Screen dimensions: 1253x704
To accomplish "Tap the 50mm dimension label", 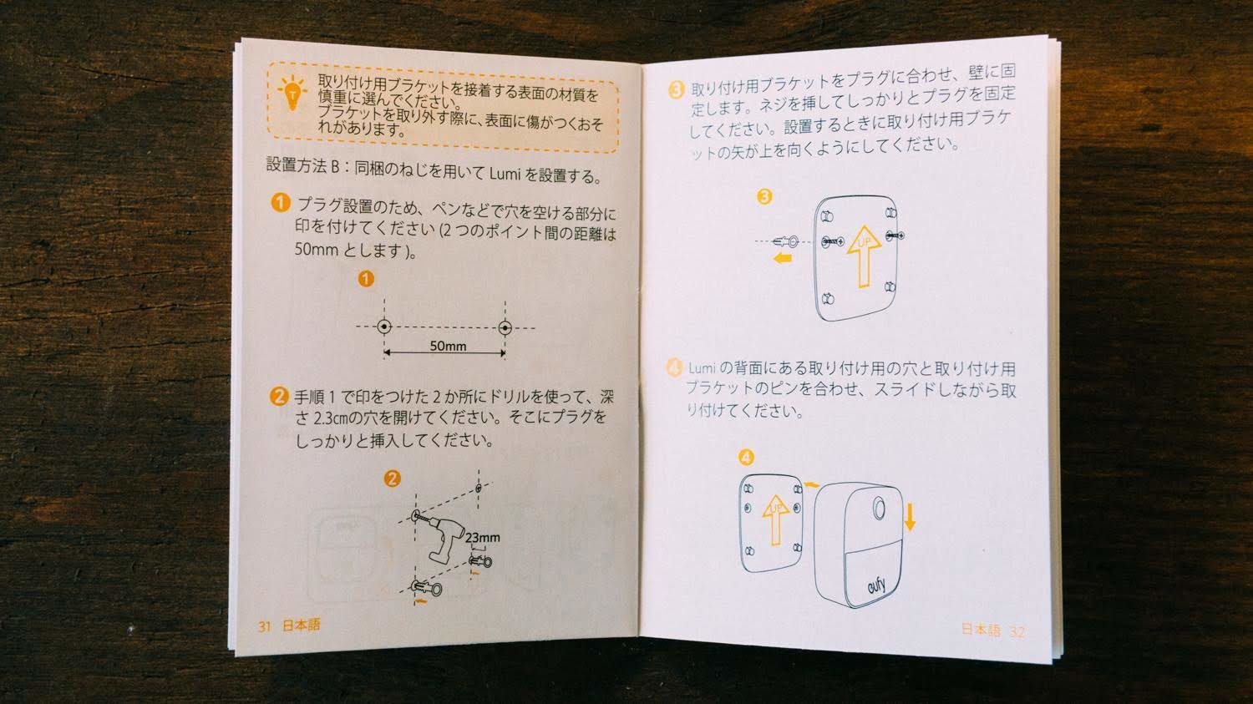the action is [448, 346].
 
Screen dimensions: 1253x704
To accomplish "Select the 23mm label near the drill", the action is [483, 538].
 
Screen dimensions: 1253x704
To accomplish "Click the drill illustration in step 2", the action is [443, 537].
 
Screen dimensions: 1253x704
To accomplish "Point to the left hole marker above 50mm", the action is [383, 327].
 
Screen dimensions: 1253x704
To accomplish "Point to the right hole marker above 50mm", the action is [505, 327].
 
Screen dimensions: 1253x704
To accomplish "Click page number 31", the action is [265, 626].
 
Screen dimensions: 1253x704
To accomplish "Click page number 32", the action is [1017, 632].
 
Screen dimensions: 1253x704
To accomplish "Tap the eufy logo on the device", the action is [876, 586].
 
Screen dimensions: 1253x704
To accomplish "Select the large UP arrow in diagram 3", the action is [865, 256].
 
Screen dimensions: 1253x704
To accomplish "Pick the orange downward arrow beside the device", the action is [911, 517].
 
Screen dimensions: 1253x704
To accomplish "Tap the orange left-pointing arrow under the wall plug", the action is [782, 258].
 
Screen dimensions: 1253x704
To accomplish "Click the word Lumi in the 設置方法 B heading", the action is [505, 174].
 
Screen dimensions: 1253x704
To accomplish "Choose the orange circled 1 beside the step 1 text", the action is [281, 202].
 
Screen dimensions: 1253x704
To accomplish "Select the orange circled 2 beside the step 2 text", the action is [279, 397].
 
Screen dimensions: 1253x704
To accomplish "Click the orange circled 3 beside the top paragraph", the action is [677, 90].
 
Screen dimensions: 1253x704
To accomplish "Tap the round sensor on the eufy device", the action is [879, 509].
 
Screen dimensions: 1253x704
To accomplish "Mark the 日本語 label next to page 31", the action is [302, 625].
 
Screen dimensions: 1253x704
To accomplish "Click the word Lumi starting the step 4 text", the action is [702, 368].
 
